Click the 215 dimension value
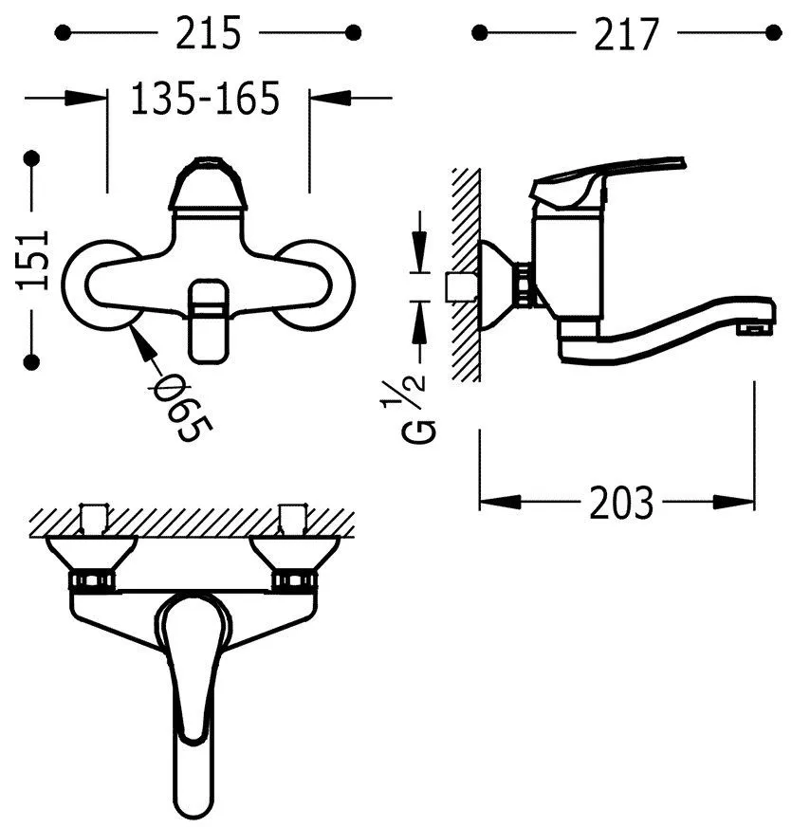pos(209,32)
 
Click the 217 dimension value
pos(627,34)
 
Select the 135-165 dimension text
pos(205,98)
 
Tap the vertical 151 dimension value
pos(33,260)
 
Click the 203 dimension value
pos(621,503)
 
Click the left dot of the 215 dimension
pos(63,32)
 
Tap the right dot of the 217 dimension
pos(774,32)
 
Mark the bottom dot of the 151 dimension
pos(32,362)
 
